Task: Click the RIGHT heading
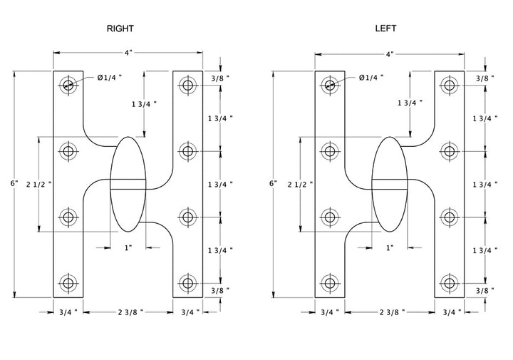tap(120, 29)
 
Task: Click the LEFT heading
tap(385, 29)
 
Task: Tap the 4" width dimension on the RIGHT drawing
tap(128, 53)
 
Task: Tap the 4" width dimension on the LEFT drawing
tap(390, 53)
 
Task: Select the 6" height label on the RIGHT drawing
tap(14, 184)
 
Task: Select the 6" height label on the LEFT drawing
tap(275, 184)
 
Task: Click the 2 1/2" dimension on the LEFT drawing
tap(297, 185)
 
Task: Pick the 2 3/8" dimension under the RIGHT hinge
tap(129, 312)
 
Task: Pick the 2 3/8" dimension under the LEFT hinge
tap(390, 312)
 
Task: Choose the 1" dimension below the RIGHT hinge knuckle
tap(129, 247)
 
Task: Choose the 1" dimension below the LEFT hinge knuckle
tap(390, 247)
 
